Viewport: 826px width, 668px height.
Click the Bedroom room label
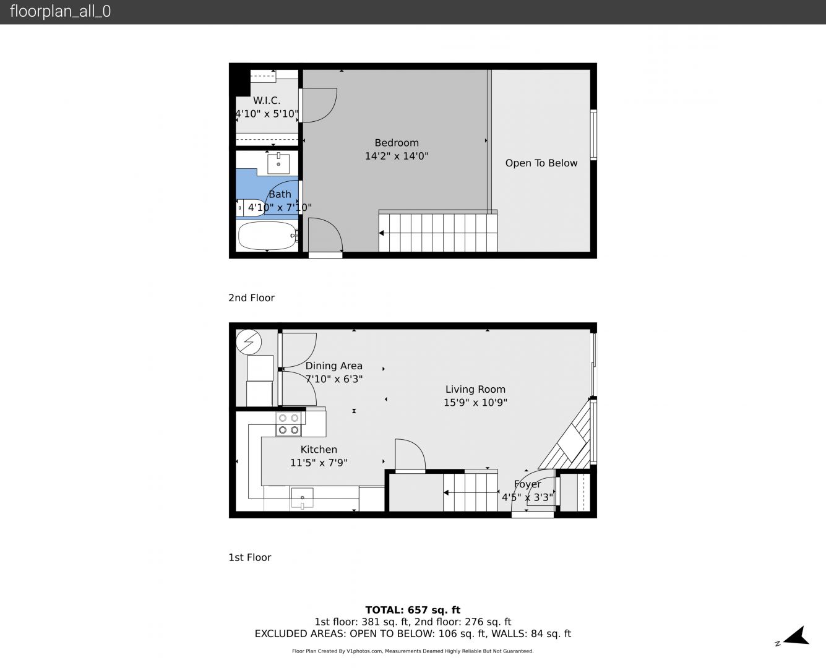397,143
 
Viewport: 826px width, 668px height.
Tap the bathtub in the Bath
267,236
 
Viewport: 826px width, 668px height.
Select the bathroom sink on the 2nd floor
278,164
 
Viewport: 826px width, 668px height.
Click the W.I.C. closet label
267,100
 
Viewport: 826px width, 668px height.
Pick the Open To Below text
541,163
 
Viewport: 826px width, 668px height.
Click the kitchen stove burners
288,424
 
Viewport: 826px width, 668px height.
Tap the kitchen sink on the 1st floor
302,498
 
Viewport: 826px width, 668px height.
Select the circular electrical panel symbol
249,342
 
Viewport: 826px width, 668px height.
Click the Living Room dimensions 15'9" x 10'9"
475,403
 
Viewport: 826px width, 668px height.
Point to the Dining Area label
333,366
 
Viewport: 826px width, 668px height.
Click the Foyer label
527,484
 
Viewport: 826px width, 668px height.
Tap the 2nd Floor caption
251,298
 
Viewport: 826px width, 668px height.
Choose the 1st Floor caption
250,557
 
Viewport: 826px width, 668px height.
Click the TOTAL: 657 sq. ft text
413,610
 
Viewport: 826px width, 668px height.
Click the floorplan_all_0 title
60,11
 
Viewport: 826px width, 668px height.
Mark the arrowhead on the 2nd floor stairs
382,233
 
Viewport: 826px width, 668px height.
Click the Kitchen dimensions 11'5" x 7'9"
319,463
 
